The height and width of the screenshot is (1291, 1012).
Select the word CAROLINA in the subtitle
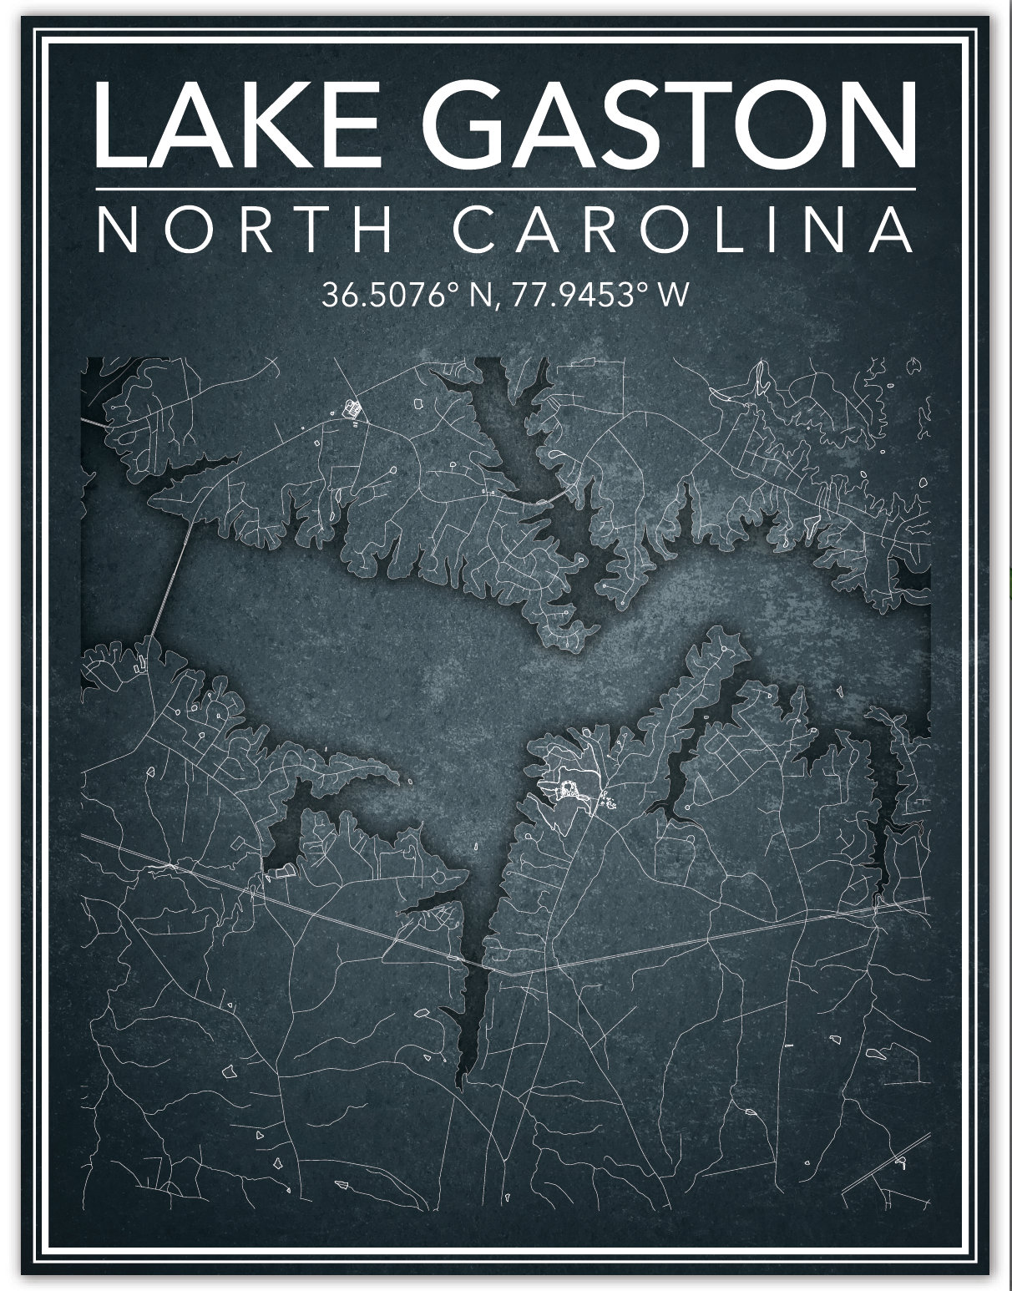683,230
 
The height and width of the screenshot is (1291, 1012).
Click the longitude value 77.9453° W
599,296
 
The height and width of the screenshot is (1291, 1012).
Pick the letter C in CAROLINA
477,230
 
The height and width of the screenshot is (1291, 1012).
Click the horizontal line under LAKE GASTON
506,190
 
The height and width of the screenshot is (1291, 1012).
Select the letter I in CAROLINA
791,230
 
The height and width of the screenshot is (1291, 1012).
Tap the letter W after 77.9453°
674,296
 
